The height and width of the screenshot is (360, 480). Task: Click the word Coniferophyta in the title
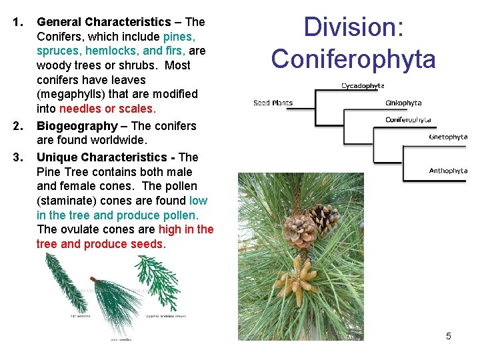pos(353,59)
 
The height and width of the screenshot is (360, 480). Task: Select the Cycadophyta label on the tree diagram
pos(363,86)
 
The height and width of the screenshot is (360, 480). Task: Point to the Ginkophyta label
pos(403,103)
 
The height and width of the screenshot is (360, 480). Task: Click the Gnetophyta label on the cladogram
pos(448,137)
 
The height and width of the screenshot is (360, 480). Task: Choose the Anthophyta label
pos(448,171)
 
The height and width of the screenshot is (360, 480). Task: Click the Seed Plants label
pos(273,103)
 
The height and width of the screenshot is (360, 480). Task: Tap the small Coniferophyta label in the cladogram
pos(408,120)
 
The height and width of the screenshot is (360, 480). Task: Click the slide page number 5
pos(448,336)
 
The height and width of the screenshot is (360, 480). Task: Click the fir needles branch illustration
pos(64,280)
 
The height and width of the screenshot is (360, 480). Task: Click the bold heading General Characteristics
pos(104,22)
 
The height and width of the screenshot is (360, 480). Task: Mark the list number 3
pos(17,157)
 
